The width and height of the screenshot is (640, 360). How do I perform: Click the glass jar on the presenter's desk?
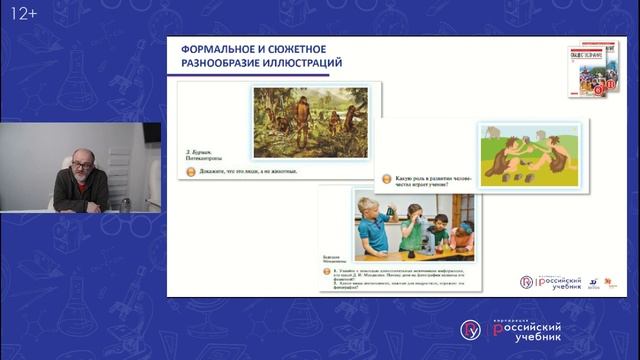[126, 204]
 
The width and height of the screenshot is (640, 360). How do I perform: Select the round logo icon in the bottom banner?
[470, 329]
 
